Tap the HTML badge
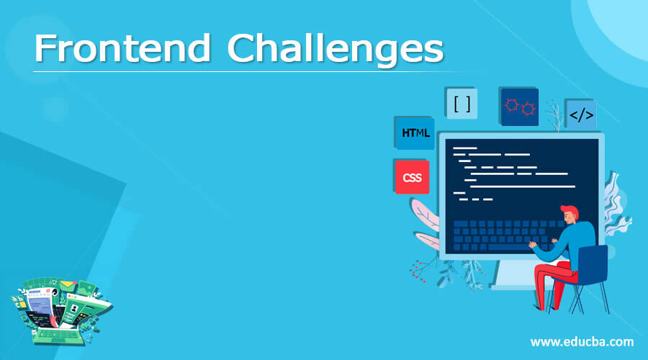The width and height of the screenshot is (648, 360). [415, 132]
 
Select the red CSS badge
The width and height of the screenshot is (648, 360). [412, 177]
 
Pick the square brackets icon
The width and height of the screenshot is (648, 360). [463, 104]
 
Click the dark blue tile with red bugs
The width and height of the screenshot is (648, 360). [519, 107]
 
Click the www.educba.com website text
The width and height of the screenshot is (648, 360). [582, 341]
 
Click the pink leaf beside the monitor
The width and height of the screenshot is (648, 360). [424, 215]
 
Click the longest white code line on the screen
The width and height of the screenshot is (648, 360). [521, 186]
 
